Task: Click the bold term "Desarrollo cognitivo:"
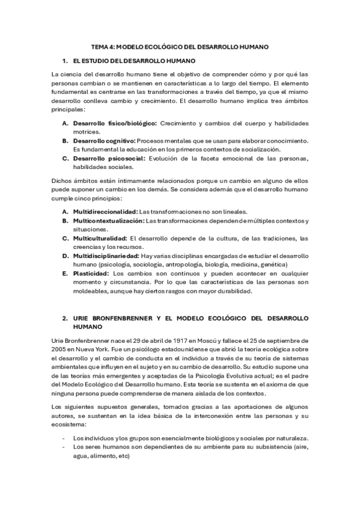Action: pyautogui.click(x=103, y=141)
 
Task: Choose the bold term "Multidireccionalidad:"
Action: pyautogui.click(x=105, y=211)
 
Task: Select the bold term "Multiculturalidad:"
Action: pyautogui.click(x=99, y=238)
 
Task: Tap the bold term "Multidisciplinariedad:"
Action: pyautogui.click(x=106, y=256)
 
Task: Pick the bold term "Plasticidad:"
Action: pyautogui.click(x=91, y=273)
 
